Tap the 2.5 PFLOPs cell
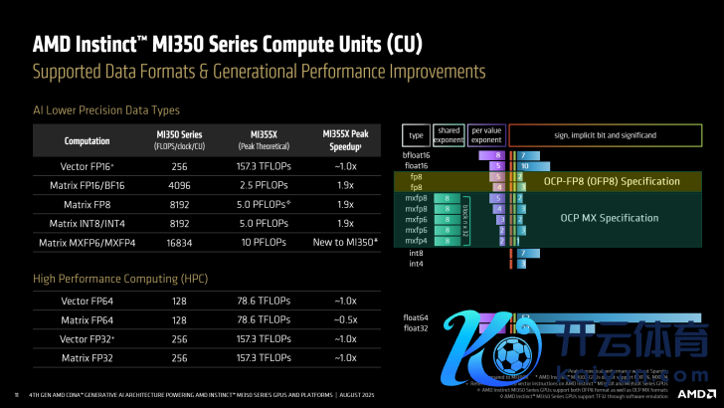click(x=264, y=185)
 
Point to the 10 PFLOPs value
click(x=264, y=242)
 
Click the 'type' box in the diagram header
click(x=416, y=134)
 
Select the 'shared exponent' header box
click(x=450, y=134)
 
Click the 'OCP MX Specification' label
click(x=610, y=217)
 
